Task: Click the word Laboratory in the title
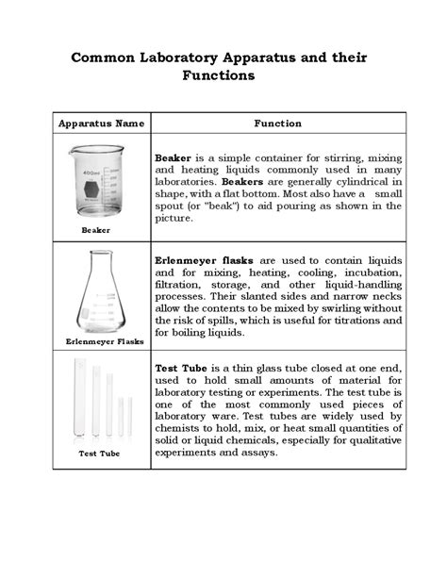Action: click(x=182, y=58)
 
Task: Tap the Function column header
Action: click(x=277, y=124)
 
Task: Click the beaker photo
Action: click(x=96, y=180)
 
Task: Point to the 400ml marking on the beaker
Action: click(x=91, y=173)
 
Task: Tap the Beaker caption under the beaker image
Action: click(x=96, y=230)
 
